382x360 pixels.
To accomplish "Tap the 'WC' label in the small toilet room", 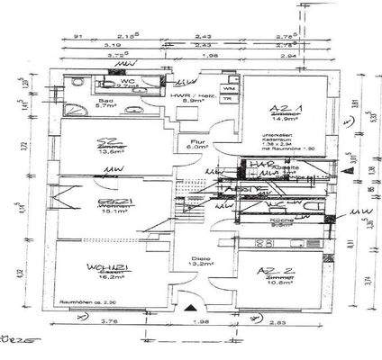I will (x=125, y=80).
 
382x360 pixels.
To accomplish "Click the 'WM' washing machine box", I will (x=228, y=88).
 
